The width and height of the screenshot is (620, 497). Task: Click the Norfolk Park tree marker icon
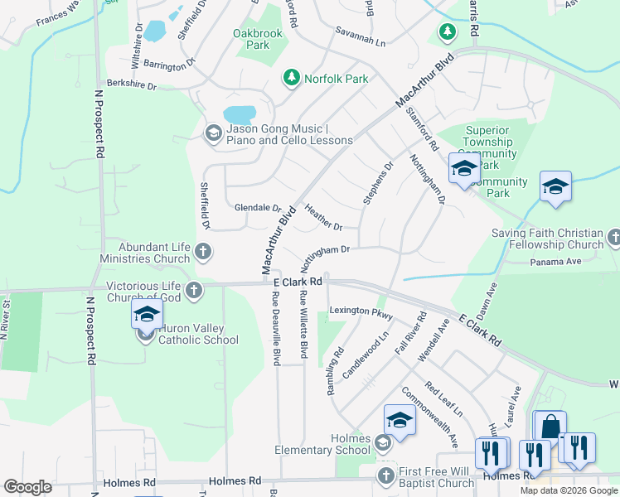[x=291, y=78]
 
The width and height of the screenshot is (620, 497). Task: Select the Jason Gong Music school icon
[x=213, y=133]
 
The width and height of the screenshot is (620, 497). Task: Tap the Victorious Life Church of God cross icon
[x=193, y=290]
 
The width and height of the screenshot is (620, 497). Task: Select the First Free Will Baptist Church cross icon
[x=385, y=475]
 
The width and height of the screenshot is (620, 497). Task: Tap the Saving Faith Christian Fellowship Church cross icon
[x=613, y=239]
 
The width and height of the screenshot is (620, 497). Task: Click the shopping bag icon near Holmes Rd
[x=550, y=427]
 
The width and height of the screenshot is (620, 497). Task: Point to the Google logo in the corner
[x=27, y=487]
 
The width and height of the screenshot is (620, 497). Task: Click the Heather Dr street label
[x=323, y=218]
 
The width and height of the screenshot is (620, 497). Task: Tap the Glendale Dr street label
[x=258, y=208]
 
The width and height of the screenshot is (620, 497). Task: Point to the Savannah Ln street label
[x=361, y=41]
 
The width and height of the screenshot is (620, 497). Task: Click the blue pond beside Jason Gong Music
[x=240, y=114]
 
